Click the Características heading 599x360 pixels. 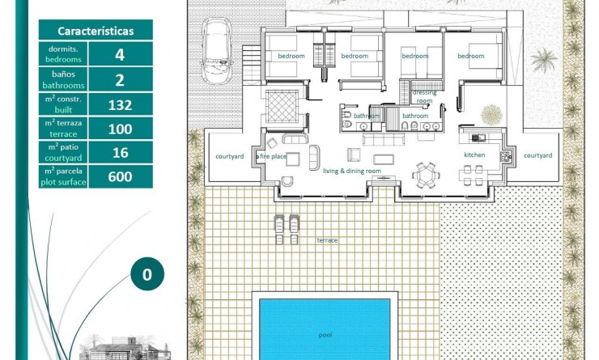pos(96,31)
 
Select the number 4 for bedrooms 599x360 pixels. pos(120,54)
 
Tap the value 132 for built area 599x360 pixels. pos(120,104)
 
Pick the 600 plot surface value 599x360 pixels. pos(120,176)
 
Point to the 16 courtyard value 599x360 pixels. pos(120,152)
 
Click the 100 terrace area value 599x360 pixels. pos(120,128)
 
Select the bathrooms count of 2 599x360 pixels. pos(120,79)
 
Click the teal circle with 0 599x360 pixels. pos(147,274)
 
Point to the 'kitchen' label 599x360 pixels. pos(474,155)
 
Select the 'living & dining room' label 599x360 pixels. pos(352,172)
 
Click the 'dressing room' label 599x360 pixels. pos(424,96)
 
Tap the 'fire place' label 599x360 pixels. pos(273,155)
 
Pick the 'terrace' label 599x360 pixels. pos(327,240)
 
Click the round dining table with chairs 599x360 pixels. pos(424,173)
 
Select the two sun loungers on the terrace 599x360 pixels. pos(286,228)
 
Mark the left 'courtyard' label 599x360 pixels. pos(230,155)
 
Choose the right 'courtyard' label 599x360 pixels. pos(537,155)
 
